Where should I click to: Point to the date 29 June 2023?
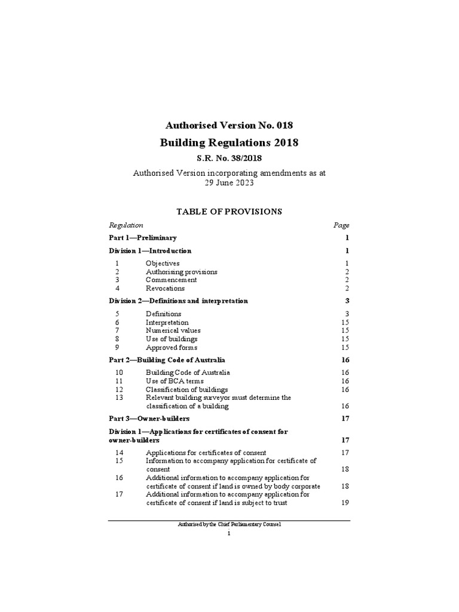229,183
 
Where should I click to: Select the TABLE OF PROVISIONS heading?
229,211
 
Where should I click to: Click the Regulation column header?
126,225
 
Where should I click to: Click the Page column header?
341,225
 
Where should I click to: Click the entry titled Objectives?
163,263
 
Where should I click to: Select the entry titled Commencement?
171,280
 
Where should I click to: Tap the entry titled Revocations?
165,288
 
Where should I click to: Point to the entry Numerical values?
173,331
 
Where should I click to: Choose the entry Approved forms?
171,347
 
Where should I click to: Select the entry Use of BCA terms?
175,381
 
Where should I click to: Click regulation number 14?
118,452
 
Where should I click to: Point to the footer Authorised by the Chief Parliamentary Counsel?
229,524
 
